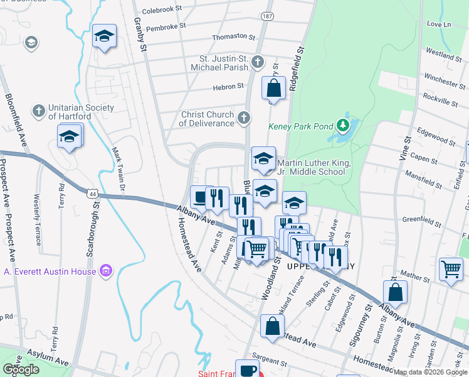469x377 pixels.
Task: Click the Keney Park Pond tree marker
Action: coord(342,126)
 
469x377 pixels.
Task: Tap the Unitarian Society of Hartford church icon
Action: coord(38,112)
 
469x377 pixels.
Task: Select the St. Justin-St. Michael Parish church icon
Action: coord(257,62)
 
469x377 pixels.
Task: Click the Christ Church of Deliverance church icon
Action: coord(244,117)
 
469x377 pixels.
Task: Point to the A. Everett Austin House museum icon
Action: coord(106,271)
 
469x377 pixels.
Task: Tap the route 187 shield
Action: coord(268,15)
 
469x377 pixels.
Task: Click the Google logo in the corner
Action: coord(21,369)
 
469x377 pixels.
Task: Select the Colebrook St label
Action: coord(161,9)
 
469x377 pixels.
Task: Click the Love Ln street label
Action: coord(438,24)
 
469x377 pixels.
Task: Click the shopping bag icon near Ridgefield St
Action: coord(273,88)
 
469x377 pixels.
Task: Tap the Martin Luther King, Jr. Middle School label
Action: coord(311,167)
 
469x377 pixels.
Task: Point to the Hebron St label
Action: coord(228,87)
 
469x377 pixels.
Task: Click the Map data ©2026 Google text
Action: coord(430,372)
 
